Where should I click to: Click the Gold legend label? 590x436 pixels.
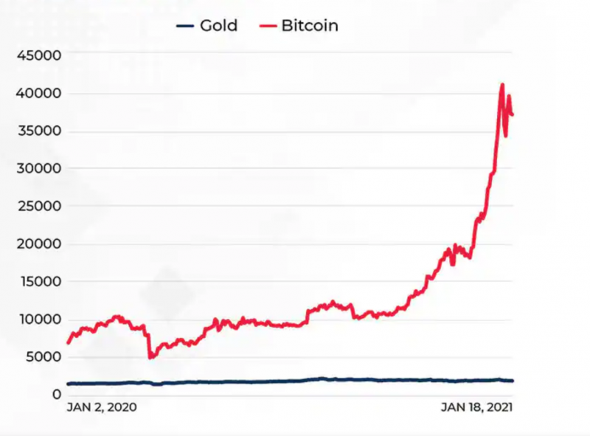pyautogui.click(x=218, y=26)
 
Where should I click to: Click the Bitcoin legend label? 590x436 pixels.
pyautogui.click(x=310, y=26)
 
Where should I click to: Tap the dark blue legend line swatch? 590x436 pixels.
pyautogui.click(x=185, y=27)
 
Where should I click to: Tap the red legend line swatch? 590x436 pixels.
pyautogui.click(x=268, y=27)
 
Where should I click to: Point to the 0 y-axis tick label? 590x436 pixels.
pyautogui.click(x=55, y=395)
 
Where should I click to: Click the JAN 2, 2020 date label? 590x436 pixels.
pyautogui.click(x=102, y=406)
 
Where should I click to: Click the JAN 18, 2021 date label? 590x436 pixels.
pyautogui.click(x=476, y=406)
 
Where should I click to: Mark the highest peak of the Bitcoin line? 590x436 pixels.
pyautogui.click(x=502, y=84)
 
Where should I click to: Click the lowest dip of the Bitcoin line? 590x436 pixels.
pyautogui.click(x=150, y=358)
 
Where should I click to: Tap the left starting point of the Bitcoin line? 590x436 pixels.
pyautogui.click(x=68, y=343)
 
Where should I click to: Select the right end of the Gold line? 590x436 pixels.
pyautogui.click(x=513, y=381)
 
